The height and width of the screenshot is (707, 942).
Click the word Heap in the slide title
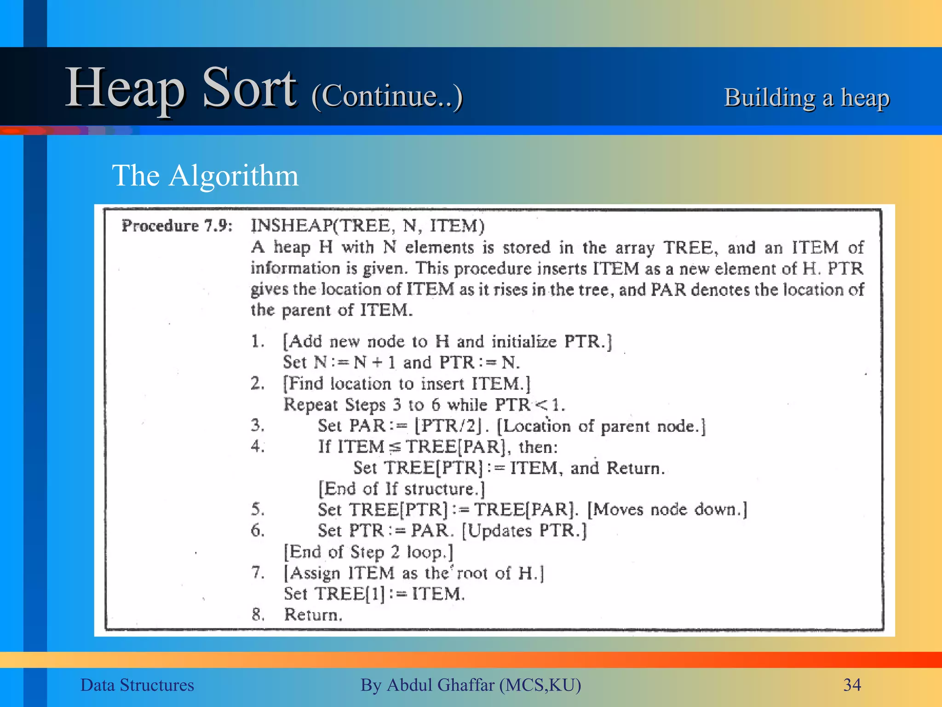click(125, 88)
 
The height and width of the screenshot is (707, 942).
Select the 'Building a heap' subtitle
click(807, 98)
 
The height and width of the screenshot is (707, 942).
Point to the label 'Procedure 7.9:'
click(177, 226)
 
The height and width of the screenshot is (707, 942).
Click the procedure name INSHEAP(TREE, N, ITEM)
click(368, 226)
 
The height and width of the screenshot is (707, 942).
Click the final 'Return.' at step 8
click(313, 614)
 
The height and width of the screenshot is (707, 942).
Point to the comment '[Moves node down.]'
click(667, 510)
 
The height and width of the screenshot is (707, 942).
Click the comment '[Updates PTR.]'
click(524, 531)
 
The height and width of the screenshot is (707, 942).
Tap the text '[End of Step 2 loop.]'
click(368, 551)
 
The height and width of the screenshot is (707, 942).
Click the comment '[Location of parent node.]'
click(601, 426)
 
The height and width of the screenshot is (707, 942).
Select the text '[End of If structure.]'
click(402, 489)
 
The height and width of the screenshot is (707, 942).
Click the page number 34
click(852, 685)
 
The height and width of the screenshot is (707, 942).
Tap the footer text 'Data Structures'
click(137, 685)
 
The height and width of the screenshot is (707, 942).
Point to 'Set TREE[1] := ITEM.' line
click(374, 594)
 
